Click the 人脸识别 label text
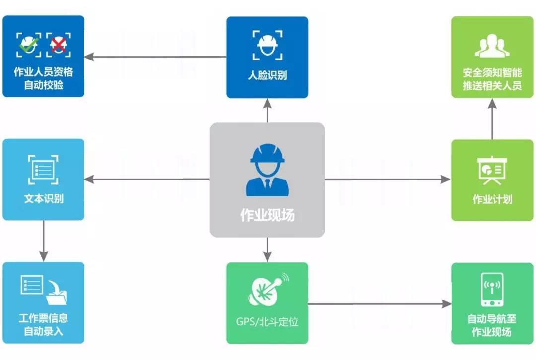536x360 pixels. (267, 76)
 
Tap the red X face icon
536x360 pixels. (59, 45)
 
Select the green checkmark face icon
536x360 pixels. (28, 45)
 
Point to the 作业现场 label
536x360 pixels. (267, 215)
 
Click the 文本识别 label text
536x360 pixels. (44, 199)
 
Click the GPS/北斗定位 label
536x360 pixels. (267, 321)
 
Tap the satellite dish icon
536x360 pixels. (268, 291)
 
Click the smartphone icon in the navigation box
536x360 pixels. (492, 290)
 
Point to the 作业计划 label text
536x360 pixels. (492, 199)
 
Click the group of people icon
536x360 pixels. (492, 46)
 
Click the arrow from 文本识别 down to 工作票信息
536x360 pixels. (44, 240)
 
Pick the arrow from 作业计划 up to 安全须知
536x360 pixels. (492, 119)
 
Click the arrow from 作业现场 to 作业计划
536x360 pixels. (387, 179)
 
